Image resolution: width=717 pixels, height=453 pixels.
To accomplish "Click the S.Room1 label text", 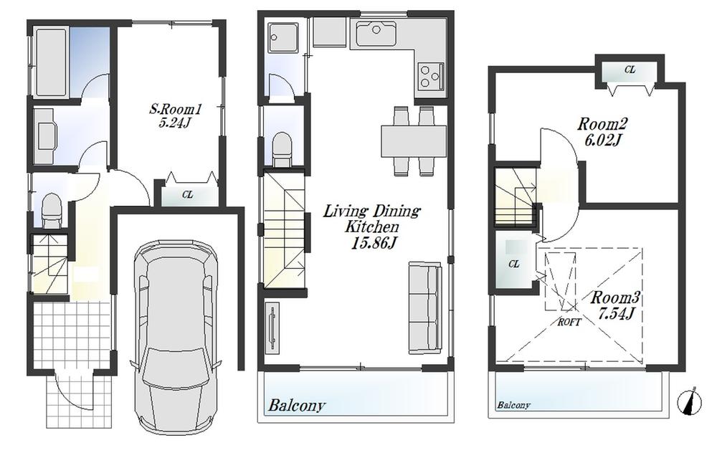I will tap(176, 110).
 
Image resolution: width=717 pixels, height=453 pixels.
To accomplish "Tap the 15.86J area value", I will tap(371, 242).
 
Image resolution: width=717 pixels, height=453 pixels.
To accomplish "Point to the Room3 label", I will tap(614, 297).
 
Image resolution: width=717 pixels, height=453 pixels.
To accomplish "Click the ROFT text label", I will tap(569, 322).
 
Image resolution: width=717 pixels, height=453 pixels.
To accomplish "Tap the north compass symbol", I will tap(691, 401).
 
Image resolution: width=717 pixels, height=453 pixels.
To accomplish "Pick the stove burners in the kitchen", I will tap(431, 75).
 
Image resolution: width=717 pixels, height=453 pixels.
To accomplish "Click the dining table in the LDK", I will tap(414, 140).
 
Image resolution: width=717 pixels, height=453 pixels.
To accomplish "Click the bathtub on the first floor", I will tap(51, 62).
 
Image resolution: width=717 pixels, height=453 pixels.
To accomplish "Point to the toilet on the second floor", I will tap(282, 148).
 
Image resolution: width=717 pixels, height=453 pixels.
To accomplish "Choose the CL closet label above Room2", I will tap(630, 70).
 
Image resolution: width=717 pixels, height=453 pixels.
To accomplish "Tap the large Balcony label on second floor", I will tap(297, 406).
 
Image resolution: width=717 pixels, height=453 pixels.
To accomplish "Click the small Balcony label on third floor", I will tap(513, 405).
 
